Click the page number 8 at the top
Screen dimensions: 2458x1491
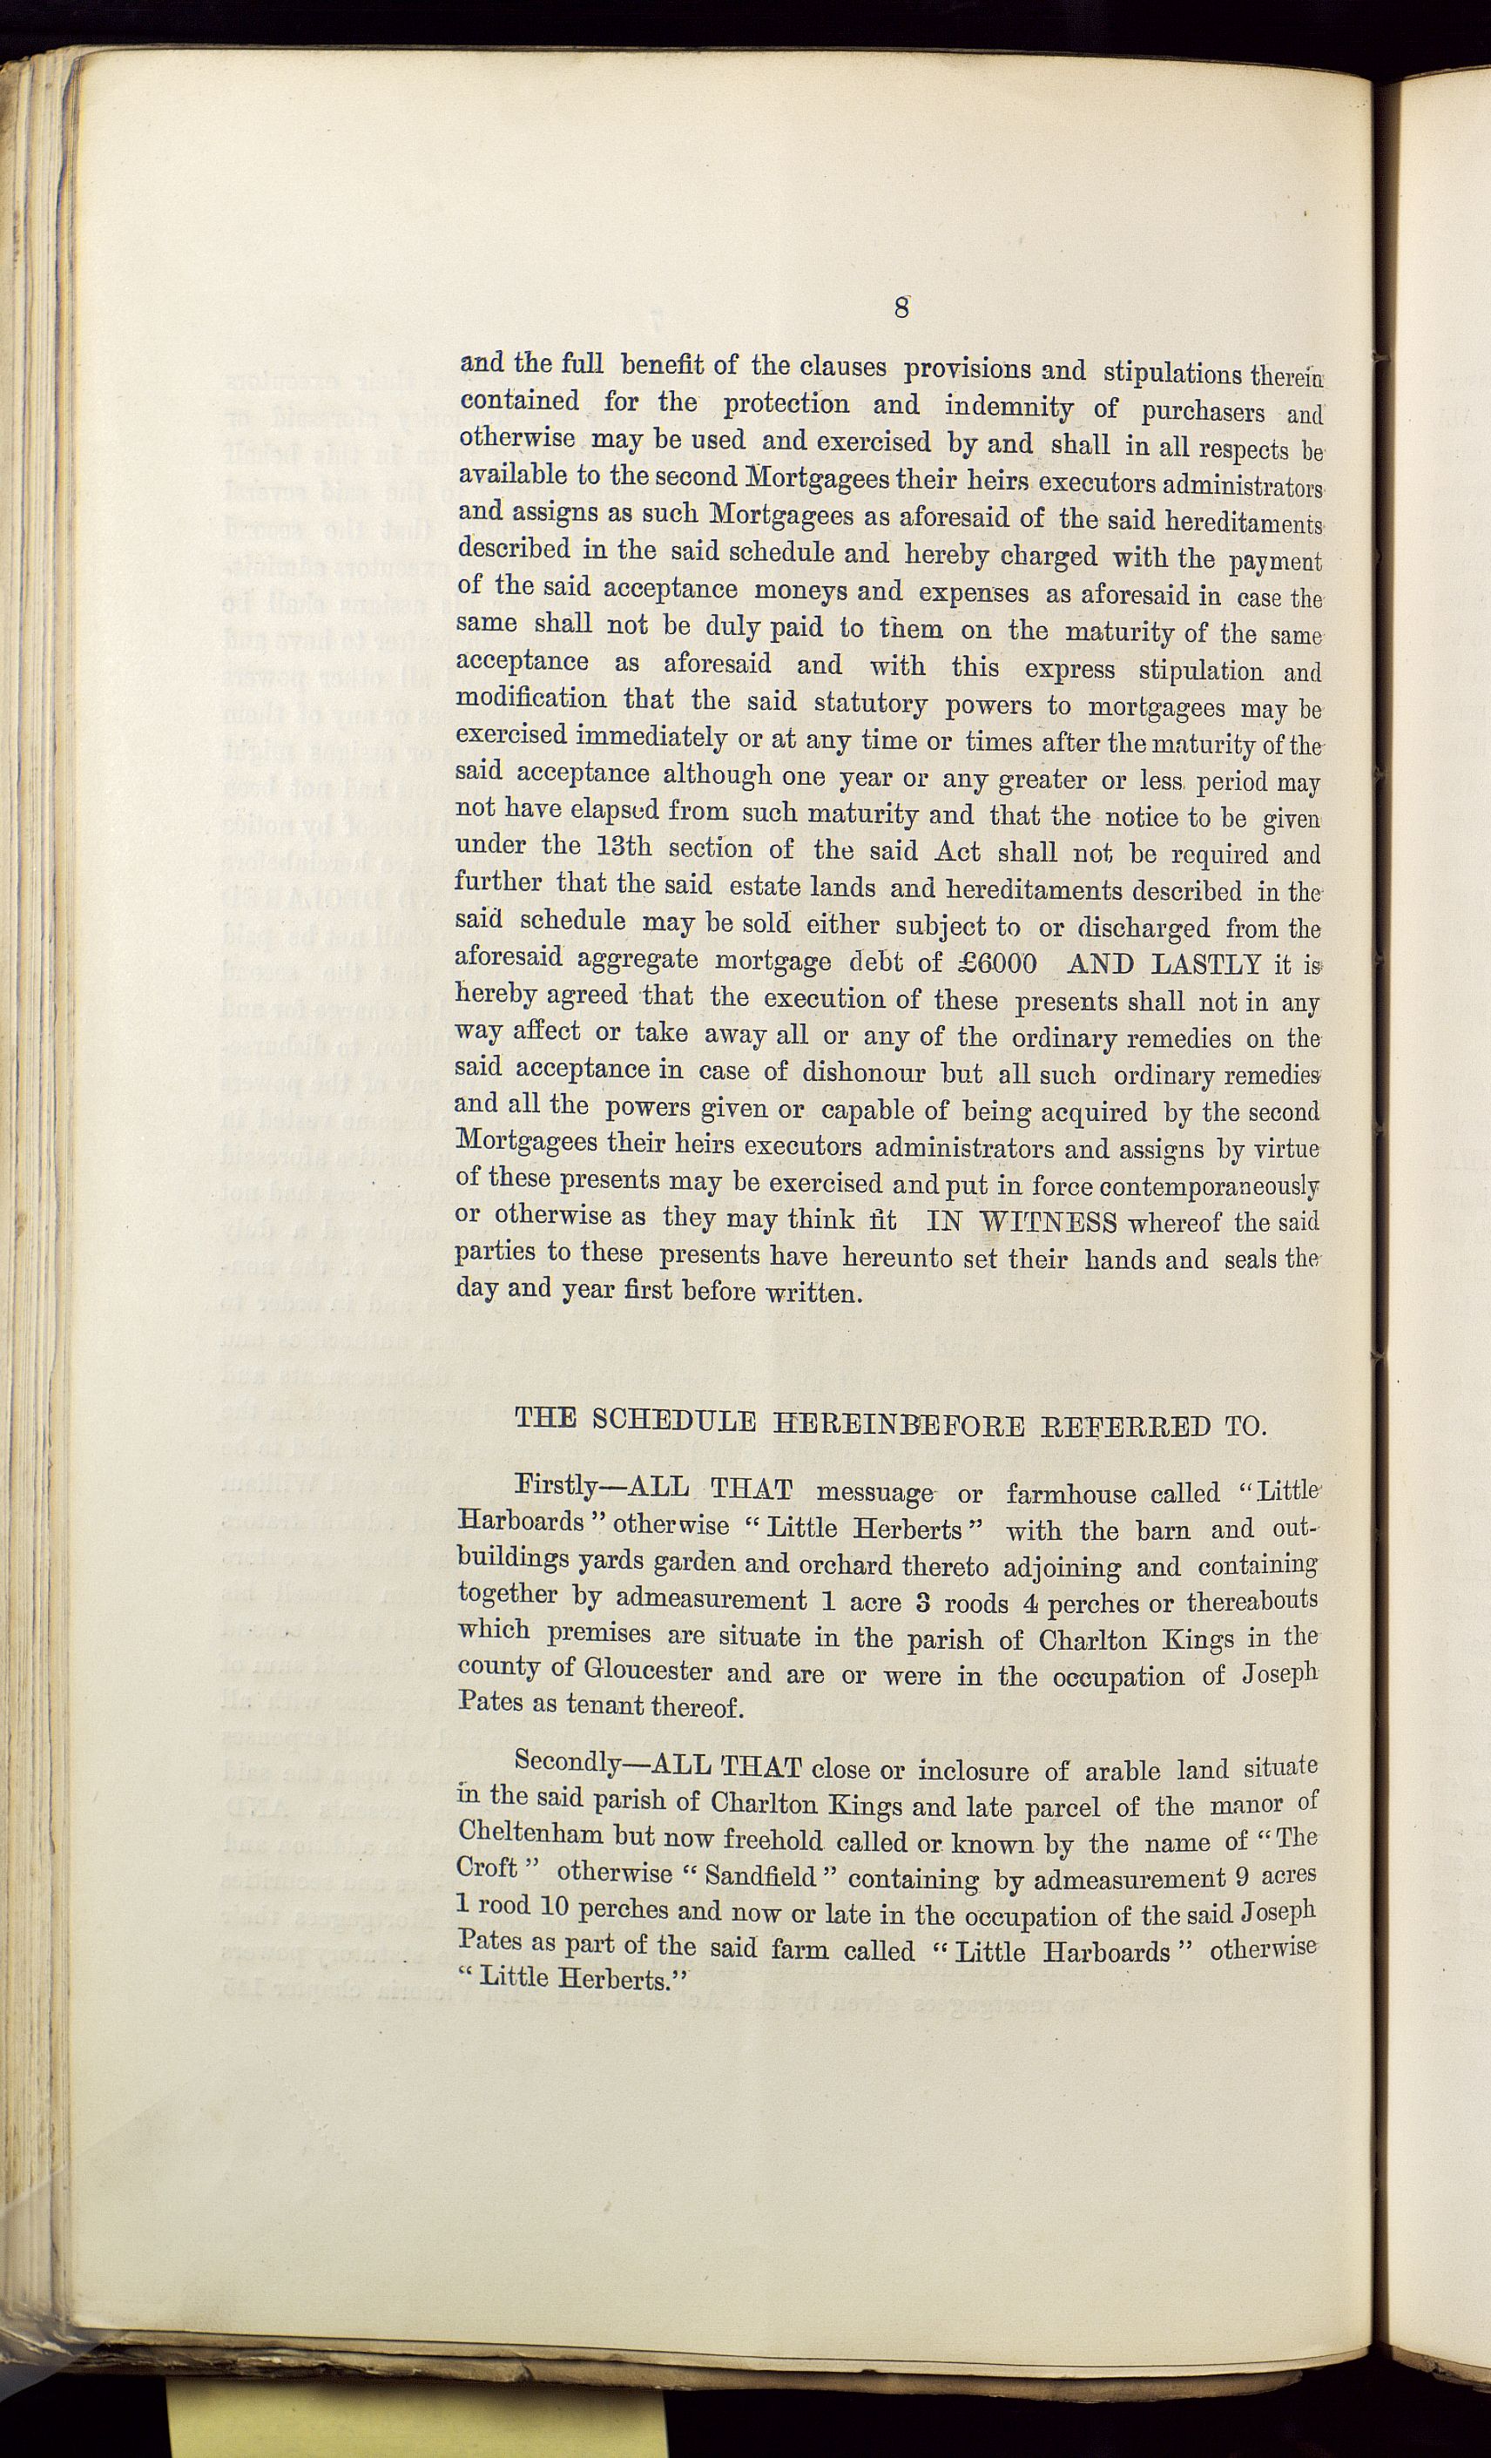[x=901, y=307]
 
